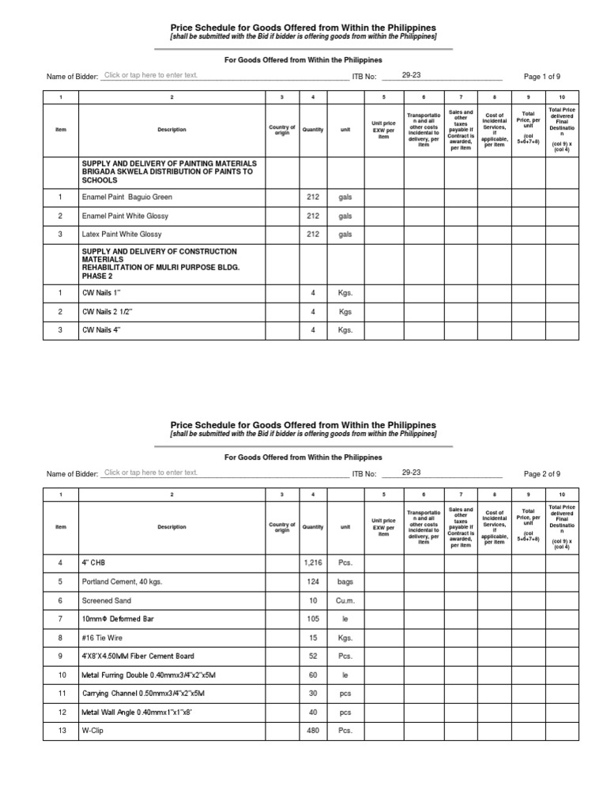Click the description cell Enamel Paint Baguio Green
(x=127, y=197)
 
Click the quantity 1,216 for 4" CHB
(x=313, y=562)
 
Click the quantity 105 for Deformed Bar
(x=313, y=619)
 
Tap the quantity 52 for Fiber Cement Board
(x=313, y=656)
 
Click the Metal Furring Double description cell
(x=143, y=675)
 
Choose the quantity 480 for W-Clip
(x=313, y=731)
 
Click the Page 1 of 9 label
(x=542, y=77)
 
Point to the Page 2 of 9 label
(x=542, y=473)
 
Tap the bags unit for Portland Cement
(x=345, y=581)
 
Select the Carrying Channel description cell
(x=143, y=694)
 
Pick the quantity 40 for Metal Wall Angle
(x=313, y=713)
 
